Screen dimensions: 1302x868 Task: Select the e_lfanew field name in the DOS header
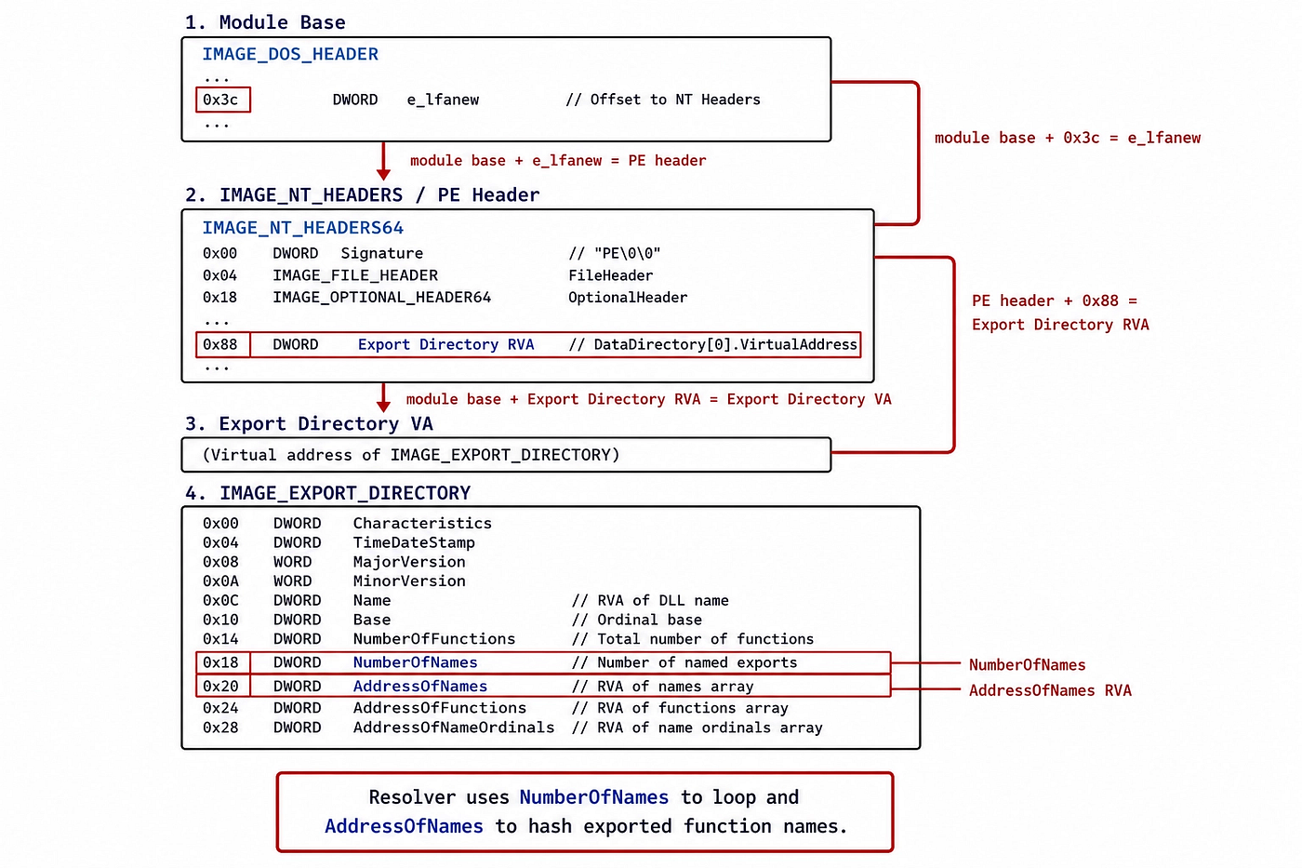coord(443,100)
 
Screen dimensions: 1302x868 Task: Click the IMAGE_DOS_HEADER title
coord(290,54)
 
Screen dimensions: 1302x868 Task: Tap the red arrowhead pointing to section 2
coord(383,174)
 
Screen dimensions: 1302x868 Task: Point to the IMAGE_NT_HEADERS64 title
coord(303,227)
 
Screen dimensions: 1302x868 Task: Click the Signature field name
coord(382,253)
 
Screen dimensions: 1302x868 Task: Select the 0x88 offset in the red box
coord(220,345)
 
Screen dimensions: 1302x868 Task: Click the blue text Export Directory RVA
coord(445,345)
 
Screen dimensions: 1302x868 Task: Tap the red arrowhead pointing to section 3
coord(383,406)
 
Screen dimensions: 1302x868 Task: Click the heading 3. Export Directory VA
coord(309,424)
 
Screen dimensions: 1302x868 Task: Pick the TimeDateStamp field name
coord(414,542)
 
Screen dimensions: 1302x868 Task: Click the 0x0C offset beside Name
coord(220,601)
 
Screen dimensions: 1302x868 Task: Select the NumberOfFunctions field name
coord(434,639)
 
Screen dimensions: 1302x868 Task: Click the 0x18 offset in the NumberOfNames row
coord(220,662)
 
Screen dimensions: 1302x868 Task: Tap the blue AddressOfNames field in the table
coord(420,687)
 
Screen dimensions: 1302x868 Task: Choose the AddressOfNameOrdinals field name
coord(454,728)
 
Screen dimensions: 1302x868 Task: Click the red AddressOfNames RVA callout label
coord(1050,690)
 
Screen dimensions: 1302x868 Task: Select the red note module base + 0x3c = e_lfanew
coord(1068,138)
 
